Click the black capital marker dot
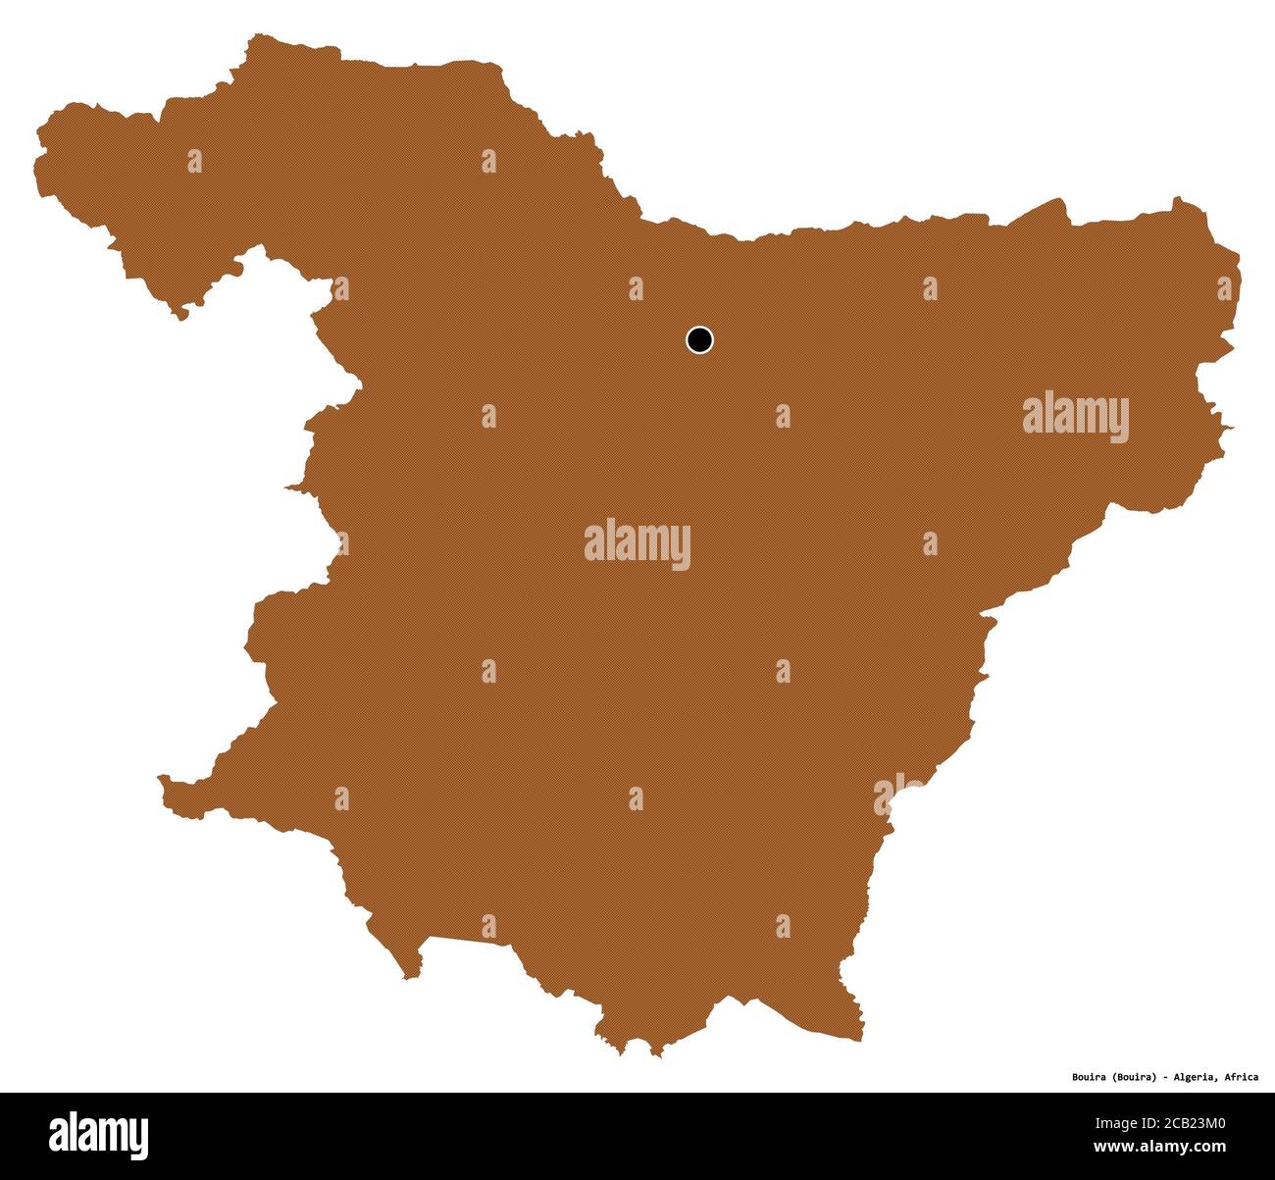tap(699, 340)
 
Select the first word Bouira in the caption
tap(1090, 1077)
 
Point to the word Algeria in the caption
tap(1195, 1077)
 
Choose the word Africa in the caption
tap(1241, 1077)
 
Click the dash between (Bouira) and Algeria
tap(1166, 1077)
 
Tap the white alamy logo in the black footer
tap(99, 1135)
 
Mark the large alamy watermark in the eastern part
tap(1076, 417)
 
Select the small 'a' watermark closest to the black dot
tap(637, 288)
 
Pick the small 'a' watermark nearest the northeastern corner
tap(1224, 288)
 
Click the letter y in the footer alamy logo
tap(140, 1138)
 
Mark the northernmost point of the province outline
tap(257, 36)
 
